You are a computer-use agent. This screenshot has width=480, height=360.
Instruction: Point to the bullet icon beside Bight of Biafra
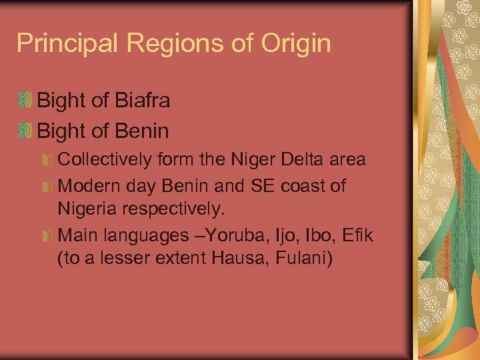tap(25, 101)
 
